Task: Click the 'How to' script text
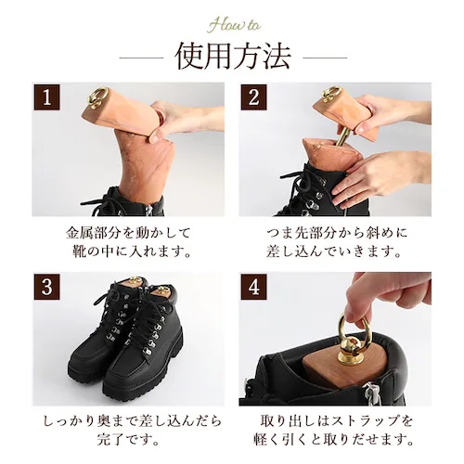[x=232, y=24]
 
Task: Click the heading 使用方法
[x=232, y=57]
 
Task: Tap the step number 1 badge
[x=46, y=97]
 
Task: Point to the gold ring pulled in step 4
[x=353, y=328]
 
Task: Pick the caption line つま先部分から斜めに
[x=335, y=232]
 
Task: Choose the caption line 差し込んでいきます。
[x=335, y=251]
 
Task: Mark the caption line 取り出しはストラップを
[x=335, y=420]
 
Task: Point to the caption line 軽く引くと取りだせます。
[x=335, y=440]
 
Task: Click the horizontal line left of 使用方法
[x=139, y=58]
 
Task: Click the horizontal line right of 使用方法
[x=324, y=58]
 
